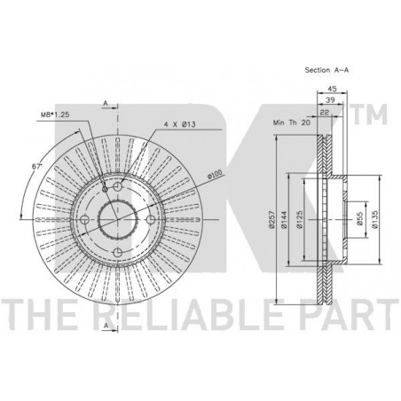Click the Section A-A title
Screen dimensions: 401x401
(326, 70)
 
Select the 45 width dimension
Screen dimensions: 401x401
(333, 89)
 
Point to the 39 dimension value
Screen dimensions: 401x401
(330, 100)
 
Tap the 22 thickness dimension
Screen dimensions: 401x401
(325, 112)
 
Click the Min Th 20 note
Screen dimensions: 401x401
(292, 122)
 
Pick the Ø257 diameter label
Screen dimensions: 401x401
(271, 219)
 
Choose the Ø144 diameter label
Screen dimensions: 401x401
(284, 219)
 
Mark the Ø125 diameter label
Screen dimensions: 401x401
(300, 219)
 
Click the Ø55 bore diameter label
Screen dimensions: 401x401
(360, 219)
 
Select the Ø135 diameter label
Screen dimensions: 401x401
(375, 219)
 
